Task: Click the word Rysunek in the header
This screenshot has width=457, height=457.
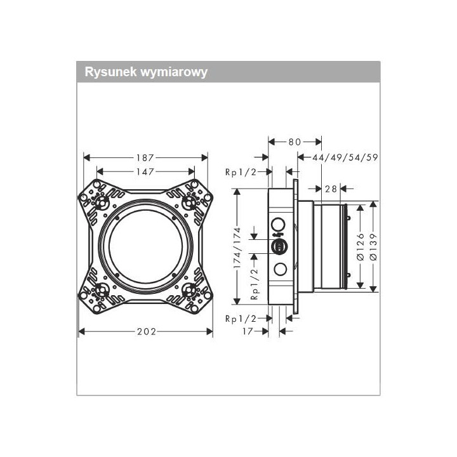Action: pos(107,72)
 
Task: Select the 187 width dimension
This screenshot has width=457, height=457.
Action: pos(145,157)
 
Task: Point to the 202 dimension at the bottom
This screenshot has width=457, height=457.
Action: pos(145,331)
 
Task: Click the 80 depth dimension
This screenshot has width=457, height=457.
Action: pos(295,142)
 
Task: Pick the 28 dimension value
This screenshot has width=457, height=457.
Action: pos(331,189)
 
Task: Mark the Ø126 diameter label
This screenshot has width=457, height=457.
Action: pos(360,247)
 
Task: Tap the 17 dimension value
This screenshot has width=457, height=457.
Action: pos(248,331)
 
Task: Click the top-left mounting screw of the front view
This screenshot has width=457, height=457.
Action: pos(100,201)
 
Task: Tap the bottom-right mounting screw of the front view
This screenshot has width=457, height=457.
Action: pos(189,291)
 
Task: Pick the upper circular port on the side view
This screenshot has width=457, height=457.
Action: pos(279,223)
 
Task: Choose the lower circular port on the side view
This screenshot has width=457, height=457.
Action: pos(279,269)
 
